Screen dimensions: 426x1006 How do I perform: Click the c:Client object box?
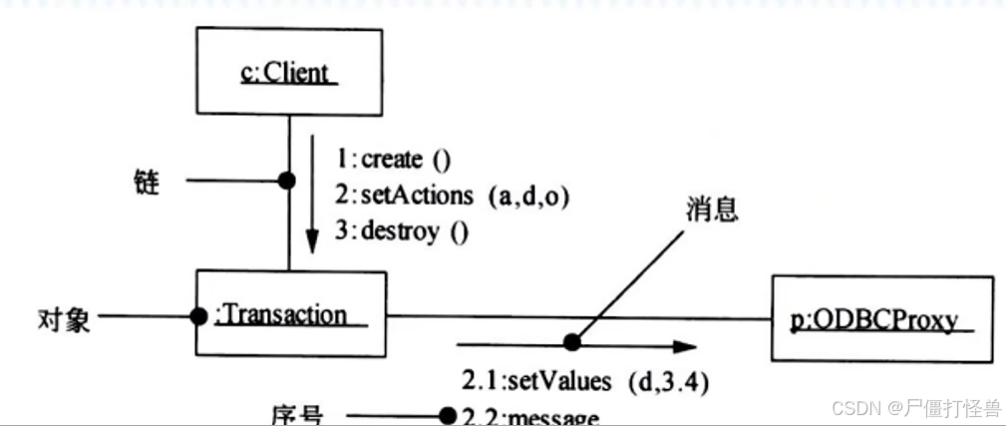coord(289,72)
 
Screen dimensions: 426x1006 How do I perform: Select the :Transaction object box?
coord(290,314)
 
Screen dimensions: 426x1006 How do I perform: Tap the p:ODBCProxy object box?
coord(881,319)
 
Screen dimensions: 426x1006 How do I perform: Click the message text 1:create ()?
coord(392,160)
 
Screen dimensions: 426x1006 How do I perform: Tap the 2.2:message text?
coord(529,415)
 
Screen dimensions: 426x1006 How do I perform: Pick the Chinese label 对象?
coord(64,319)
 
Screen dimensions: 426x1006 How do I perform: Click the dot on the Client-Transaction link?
coord(289,182)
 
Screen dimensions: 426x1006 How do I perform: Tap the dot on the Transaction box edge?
coord(199,317)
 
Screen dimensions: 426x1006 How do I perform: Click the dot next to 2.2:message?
coord(449,415)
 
